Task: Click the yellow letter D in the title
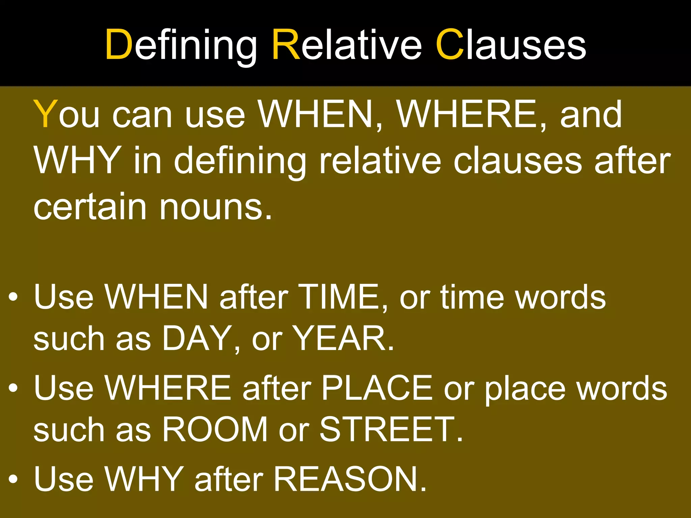point(118,45)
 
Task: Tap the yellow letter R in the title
point(286,45)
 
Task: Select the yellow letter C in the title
point(450,45)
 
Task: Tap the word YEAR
point(342,338)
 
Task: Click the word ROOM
point(215,429)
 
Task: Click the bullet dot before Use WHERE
point(13,388)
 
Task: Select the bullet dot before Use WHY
point(13,479)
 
